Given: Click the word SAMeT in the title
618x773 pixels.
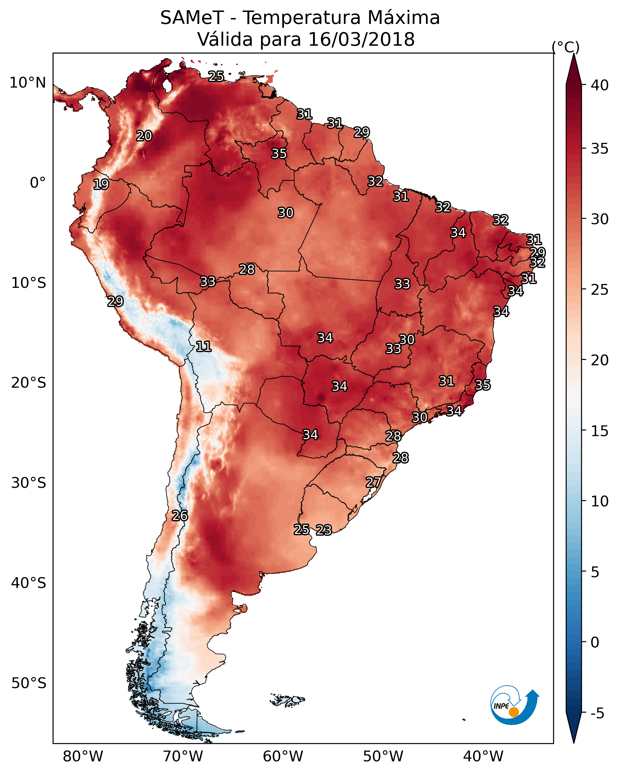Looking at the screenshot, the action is (192, 18).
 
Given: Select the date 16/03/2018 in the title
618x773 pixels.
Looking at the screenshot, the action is (361, 39).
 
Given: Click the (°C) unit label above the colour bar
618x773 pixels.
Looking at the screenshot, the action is (566, 47).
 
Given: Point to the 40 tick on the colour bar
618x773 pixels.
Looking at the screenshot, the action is (600, 85).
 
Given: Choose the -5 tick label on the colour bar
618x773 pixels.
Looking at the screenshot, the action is (597, 713).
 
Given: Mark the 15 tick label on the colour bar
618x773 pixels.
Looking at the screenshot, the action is (600, 431).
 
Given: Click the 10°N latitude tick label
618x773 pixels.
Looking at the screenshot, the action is (28, 83).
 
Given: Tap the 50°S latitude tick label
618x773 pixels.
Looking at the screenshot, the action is (29, 683).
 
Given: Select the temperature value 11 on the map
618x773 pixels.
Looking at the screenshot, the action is (203, 346).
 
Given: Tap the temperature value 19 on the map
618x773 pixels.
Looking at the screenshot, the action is (101, 184).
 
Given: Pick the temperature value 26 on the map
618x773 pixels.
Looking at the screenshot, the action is (180, 516).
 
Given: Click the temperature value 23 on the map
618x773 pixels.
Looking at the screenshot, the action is (324, 530).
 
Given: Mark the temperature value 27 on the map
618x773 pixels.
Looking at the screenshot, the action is (373, 482).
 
